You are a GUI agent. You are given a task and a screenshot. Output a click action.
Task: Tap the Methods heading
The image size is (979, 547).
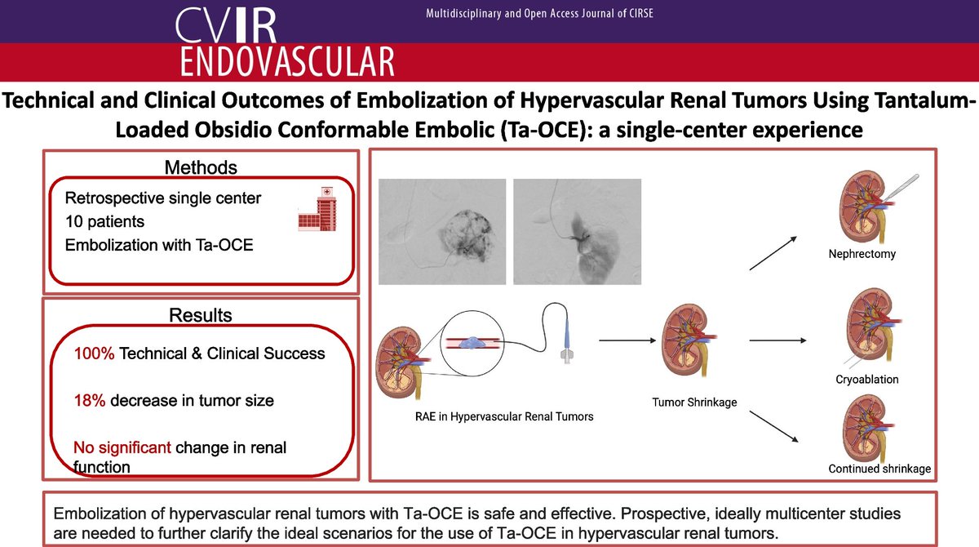(201, 168)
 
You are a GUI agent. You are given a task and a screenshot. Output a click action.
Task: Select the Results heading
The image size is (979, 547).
(201, 315)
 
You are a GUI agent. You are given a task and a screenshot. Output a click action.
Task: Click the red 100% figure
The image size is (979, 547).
(94, 354)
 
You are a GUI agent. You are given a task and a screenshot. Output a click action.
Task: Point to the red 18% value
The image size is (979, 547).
(89, 400)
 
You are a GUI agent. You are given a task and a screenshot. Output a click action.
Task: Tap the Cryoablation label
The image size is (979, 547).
(866, 380)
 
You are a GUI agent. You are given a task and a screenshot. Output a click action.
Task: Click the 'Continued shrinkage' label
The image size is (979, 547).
(879, 469)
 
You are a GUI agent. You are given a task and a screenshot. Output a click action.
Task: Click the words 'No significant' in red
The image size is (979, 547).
(122, 447)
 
